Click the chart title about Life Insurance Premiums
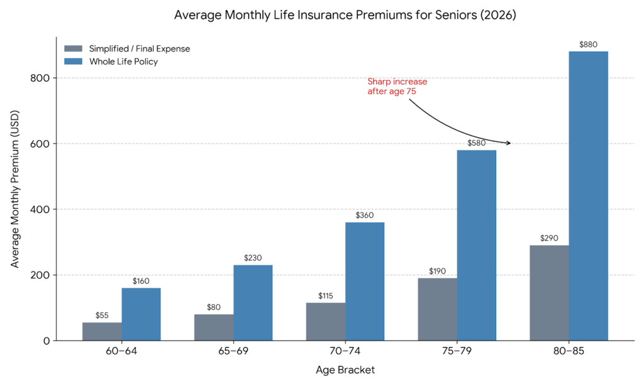click(x=345, y=15)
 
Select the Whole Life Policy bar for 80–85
click(x=589, y=196)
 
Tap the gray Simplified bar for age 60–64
click(x=102, y=331)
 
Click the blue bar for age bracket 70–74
click(x=365, y=281)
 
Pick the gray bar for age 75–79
click(x=437, y=309)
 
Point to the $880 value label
click(x=589, y=45)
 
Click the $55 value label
click(x=102, y=316)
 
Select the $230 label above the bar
click(x=253, y=258)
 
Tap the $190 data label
click(x=437, y=271)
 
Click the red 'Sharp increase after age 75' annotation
click(x=397, y=86)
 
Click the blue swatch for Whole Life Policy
click(x=74, y=61)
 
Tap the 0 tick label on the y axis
click(x=47, y=341)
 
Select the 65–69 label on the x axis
click(x=233, y=351)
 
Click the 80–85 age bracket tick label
click(x=569, y=351)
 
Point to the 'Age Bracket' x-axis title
click(x=345, y=370)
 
